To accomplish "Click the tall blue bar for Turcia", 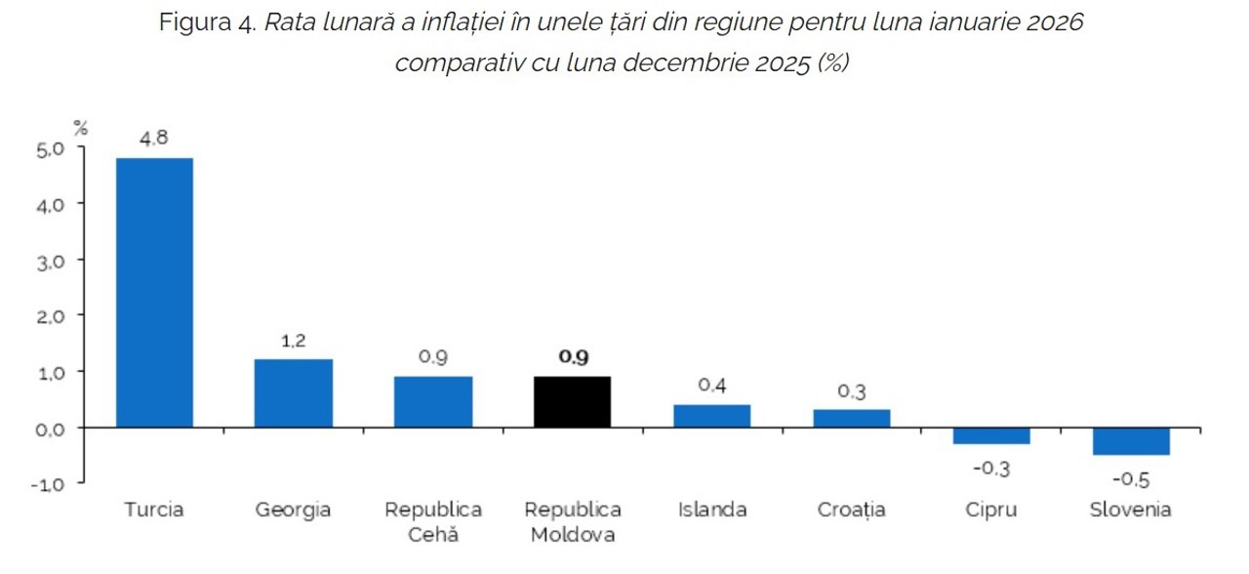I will (x=154, y=293).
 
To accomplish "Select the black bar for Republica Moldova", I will (x=573, y=402).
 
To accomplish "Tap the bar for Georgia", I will (x=294, y=393).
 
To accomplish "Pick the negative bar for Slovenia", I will (x=1131, y=441).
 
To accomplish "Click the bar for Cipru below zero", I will (x=991, y=436).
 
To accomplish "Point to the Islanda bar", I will (x=712, y=416).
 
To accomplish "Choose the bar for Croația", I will (x=852, y=419).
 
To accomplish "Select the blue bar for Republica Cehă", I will (x=433, y=402).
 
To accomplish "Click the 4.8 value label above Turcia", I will (x=154, y=139).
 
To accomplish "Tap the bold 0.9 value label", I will (x=573, y=357).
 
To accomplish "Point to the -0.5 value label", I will (x=1131, y=480).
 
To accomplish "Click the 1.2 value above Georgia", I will (x=294, y=341).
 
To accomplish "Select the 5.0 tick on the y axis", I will (x=50, y=149).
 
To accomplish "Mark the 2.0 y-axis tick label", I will (x=50, y=317).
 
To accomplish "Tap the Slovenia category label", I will (x=1131, y=510).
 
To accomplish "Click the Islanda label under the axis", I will (x=712, y=510).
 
